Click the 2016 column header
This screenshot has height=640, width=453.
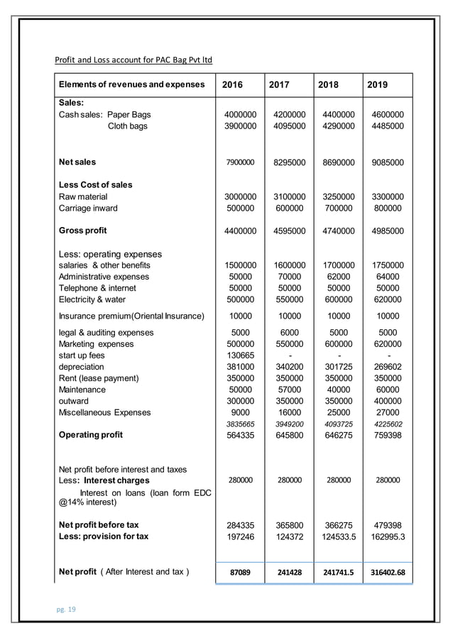click(232, 84)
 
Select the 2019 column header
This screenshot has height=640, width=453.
click(377, 84)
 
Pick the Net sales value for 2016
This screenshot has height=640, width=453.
click(240, 162)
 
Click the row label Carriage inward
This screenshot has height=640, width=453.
click(88, 208)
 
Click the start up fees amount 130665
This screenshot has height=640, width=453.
click(240, 355)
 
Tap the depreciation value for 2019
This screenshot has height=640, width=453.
click(387, 367)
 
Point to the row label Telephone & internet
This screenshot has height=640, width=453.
click(97, 288)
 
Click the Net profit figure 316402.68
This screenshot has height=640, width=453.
click(387, 572)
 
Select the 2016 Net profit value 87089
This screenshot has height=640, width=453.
click(240, 572)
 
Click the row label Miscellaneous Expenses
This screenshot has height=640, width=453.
click(104, 412)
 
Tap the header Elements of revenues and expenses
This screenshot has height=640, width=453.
click(131, 84)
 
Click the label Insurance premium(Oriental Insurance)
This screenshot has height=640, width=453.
click(131, 316)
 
